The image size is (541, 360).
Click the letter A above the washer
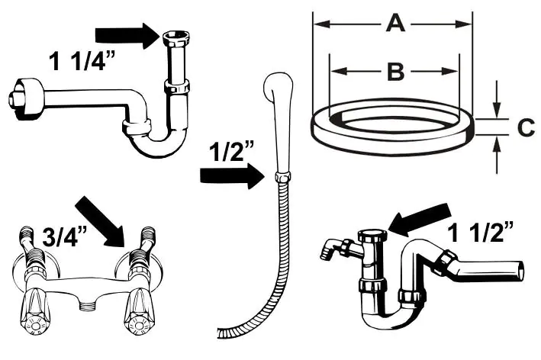394,24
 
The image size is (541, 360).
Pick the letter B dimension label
394,72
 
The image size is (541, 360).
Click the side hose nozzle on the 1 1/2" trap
333,248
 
